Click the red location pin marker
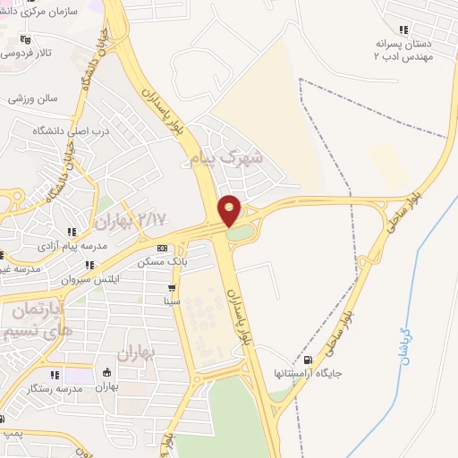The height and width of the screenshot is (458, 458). tap(230, 209)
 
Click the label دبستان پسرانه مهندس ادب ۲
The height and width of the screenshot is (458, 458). tap(402, 49)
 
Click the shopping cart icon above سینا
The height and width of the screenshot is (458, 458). tap(171, 288)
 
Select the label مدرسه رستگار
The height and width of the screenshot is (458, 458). tap(49, 387)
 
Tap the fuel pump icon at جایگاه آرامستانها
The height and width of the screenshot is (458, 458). tap(309, 361)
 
